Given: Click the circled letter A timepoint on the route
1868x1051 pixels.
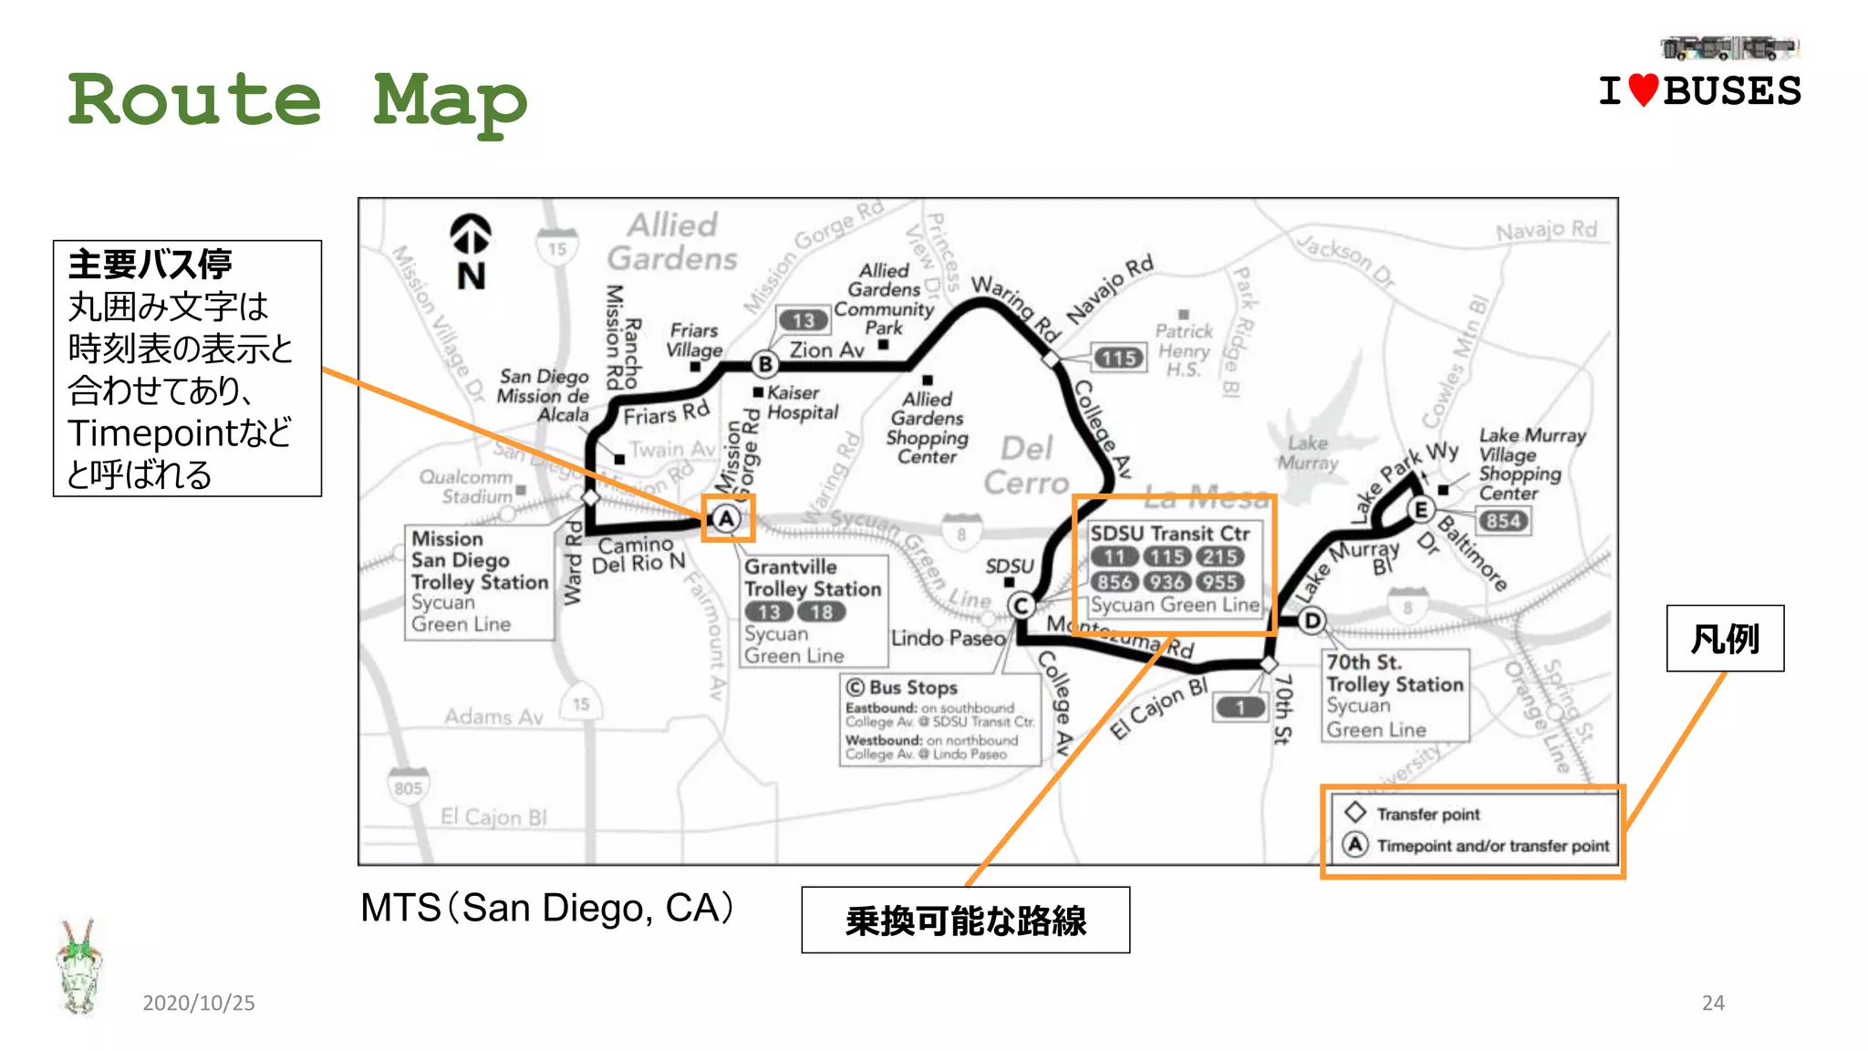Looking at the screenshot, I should point(726,519).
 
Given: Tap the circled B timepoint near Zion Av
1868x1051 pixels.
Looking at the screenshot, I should point(765,364).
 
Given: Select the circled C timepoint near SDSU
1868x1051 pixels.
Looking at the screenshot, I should point(1021,606).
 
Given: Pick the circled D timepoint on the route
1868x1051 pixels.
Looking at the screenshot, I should point(1312,621).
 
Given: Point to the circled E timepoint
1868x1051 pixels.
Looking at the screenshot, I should point(1419,509).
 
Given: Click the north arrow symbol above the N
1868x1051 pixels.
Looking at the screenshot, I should point(471,234).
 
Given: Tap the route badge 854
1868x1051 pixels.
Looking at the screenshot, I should point(1502,521).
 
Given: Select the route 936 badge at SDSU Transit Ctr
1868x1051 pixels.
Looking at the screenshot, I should point(1167,582).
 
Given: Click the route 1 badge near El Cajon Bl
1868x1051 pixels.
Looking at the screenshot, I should point(1240,707).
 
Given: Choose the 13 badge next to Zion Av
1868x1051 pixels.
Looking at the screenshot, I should point(803,320).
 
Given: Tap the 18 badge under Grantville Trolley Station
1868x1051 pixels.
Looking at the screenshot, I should point(821,612).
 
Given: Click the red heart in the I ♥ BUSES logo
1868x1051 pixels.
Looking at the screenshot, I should point(1643,90).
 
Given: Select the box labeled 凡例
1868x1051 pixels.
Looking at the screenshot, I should point(1725,639).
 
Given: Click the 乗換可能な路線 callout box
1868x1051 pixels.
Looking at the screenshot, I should point(965,921).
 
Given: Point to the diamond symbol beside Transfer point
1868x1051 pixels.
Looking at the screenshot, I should point(1355,812).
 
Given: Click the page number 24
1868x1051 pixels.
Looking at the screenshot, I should point(1713,1003).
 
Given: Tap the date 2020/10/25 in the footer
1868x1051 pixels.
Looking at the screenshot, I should point(199,1003).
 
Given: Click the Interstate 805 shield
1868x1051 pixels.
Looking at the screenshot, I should point(408,787).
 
